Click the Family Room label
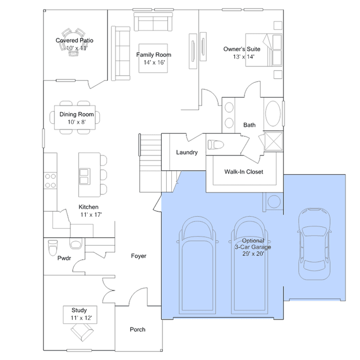point(154,55)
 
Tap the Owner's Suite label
point(242,49)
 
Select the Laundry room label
point(187,153)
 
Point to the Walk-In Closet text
point(243,172)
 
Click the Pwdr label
point(64,258)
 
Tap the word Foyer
point(139,256)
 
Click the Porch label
point(137,330)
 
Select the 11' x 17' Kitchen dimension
point(91,215)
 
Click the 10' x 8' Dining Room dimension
point(77,122)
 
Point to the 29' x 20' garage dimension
point(254,254)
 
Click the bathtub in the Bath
point(273,113)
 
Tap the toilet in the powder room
point(53,248)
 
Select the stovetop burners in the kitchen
point(51,181)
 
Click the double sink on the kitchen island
point(85,176)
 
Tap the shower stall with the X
point(274,141)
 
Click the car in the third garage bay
point(314,244)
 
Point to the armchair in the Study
point(82,332)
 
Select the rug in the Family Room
point(153,59)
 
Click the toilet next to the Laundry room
point(216,145)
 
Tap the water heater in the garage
point(274,202)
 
